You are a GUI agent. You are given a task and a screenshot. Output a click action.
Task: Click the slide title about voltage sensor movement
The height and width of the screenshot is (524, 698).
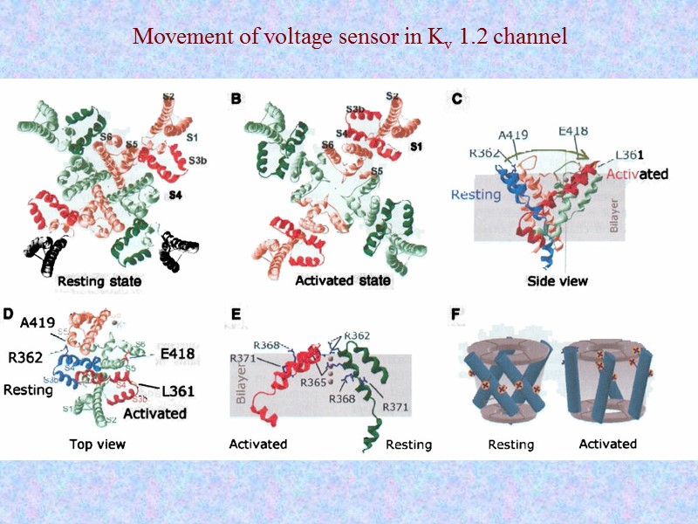tap(349, 38)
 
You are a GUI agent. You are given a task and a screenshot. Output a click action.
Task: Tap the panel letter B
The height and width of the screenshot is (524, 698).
tap(236, 100)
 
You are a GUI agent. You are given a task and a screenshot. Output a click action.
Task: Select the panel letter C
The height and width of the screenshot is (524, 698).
tap(456, 100)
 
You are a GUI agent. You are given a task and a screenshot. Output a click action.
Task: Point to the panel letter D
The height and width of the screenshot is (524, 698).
tap(9, 313)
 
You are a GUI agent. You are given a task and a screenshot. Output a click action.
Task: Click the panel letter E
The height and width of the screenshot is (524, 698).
tap(236, 313)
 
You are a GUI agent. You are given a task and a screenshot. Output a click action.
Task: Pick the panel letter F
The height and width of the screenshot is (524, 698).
tap(456, 313)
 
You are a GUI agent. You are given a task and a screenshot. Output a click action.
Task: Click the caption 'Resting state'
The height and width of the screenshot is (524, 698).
tap(99, 282)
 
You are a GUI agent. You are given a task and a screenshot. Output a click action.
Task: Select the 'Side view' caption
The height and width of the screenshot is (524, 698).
tap(557, 281)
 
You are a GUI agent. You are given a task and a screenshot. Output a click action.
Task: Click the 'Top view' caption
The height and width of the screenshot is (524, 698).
tap(98, 444)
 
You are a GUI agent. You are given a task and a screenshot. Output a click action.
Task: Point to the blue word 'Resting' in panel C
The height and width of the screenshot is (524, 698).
tap(476, 194)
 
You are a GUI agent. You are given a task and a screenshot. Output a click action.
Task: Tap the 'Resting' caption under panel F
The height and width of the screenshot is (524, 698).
tap(510, 445)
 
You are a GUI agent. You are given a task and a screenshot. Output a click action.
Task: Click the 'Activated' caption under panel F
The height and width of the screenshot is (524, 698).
tap(607, 444)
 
